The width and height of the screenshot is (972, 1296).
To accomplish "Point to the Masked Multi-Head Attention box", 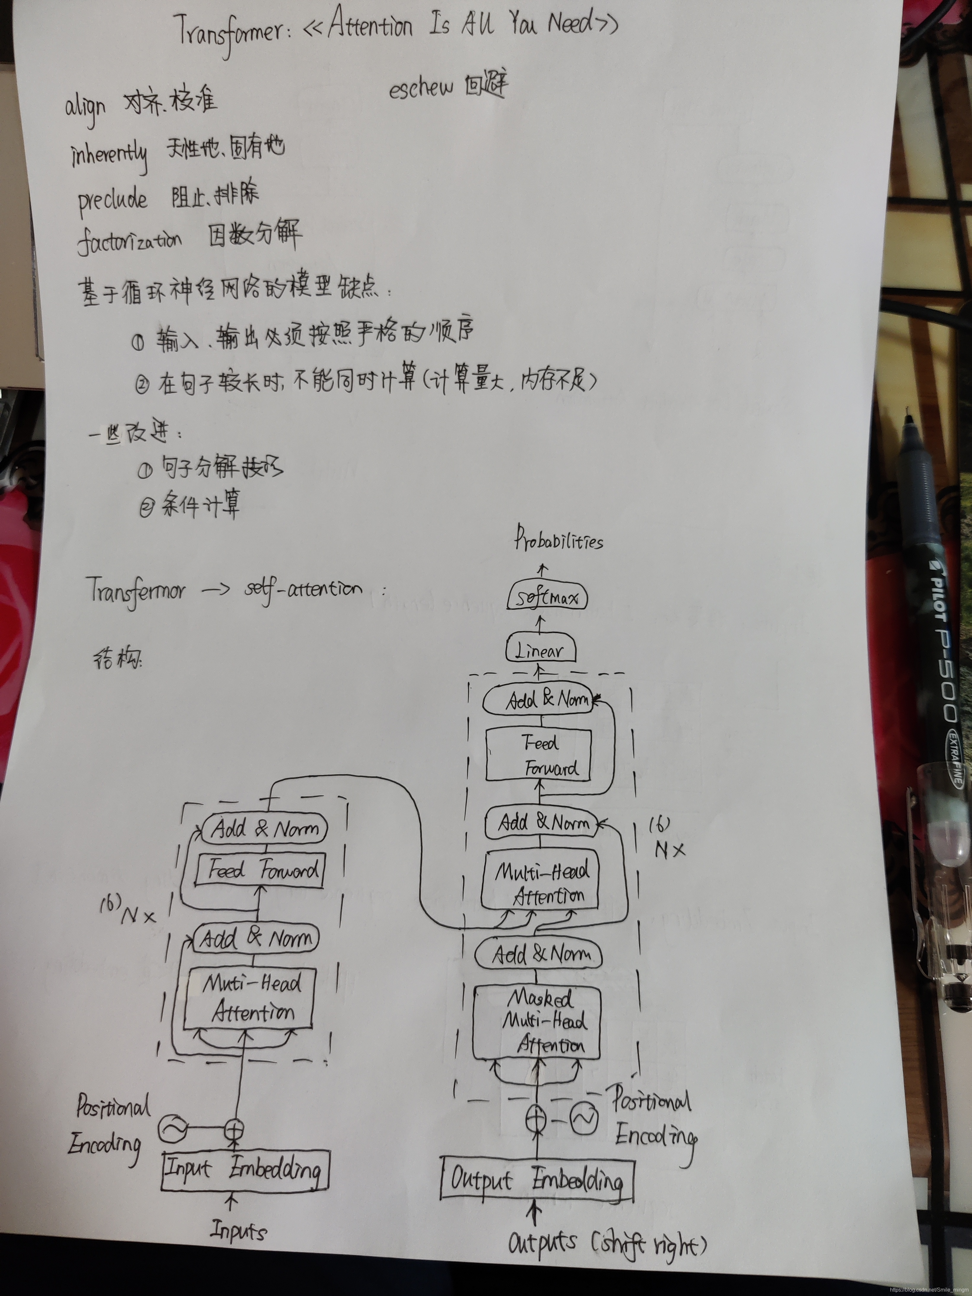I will [x=537, y=1023].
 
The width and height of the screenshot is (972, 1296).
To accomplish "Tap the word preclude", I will [x=112, y=200].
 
